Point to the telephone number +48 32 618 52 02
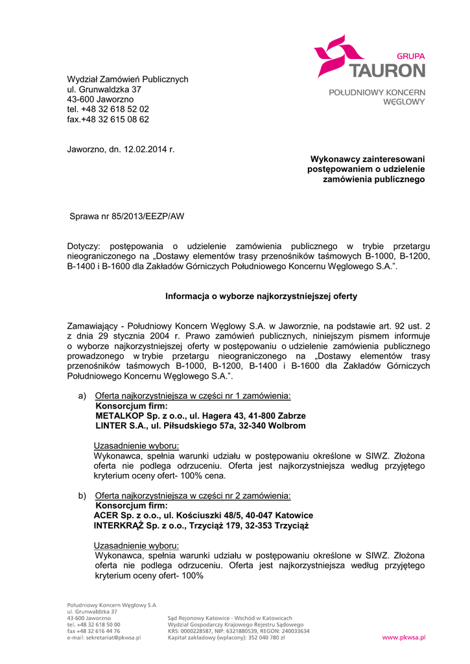coord(115,110)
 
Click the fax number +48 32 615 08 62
coord(116,119)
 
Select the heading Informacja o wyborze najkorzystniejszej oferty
coord(261,296)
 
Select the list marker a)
coord(82,396)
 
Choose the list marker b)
coord(82,496)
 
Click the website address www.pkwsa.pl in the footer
coord(403,637)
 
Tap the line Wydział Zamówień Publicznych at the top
coord(128,79)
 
